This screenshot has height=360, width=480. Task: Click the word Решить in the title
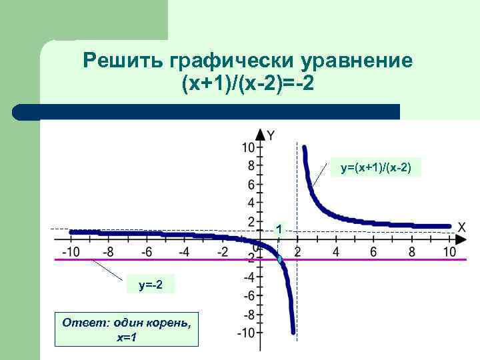pos(123,62)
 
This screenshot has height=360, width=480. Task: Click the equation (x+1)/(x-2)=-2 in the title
pos(247,85)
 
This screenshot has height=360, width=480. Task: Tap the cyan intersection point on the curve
pos(280,259)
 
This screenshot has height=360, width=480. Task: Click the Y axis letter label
pos(271,135)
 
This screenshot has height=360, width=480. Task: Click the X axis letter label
pos(461,227)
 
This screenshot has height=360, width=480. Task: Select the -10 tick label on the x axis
pos(69,251)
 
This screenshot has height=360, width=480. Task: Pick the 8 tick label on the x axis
pos(411,251)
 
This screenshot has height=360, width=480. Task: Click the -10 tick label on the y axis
pos(246,332)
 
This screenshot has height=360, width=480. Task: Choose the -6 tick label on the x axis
pos(145,251)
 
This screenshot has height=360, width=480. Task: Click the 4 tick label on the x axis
pos(336,251)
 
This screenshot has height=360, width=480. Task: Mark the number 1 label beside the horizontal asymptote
pos(281,229)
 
